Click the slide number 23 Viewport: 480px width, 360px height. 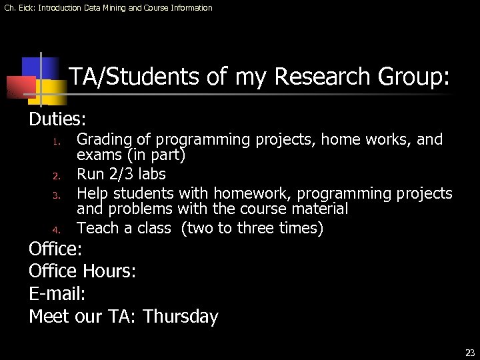tap(470, 353)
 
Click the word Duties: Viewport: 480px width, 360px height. tap(57, 119)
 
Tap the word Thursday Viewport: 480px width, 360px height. tap(180, 317)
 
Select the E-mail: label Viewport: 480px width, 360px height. tap(57, 294)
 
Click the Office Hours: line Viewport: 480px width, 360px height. tap(83, 271)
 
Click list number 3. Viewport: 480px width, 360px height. tap(58, 195)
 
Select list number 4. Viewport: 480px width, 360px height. tap(58, 230)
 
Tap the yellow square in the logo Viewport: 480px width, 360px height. tap(57, 91)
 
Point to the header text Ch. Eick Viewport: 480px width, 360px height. tap(19, 8)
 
